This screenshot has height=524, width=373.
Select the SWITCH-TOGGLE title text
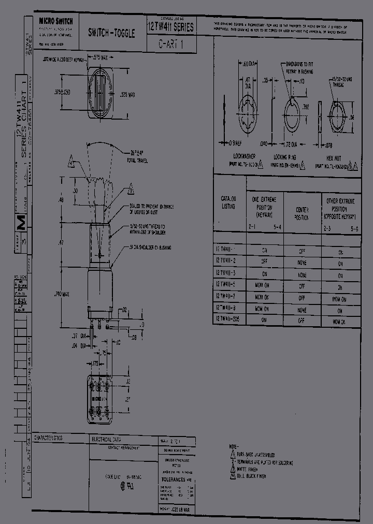click(111, 33)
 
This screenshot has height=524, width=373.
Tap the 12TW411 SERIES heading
click(171, 27)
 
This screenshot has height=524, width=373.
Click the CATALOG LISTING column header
click(228, 202)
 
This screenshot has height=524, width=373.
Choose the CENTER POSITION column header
click(302, 213)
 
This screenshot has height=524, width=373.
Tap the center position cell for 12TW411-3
click(302, 275)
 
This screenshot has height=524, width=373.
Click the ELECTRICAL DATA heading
click(106, 439)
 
